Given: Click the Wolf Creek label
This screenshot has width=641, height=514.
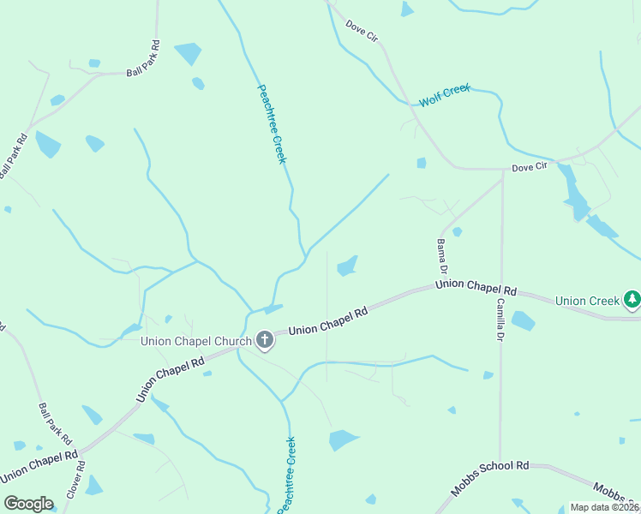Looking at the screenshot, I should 445,96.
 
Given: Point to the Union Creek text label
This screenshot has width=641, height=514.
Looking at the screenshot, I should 587,301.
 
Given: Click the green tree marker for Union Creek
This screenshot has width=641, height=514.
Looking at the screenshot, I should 632,299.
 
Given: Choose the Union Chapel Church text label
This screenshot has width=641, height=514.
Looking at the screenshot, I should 196,342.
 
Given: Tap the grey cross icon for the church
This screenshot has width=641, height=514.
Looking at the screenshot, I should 265,341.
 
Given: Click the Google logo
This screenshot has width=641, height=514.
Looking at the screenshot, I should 28,504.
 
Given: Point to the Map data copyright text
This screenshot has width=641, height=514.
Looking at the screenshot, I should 604,507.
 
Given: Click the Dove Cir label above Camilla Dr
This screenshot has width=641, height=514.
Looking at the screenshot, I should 529,166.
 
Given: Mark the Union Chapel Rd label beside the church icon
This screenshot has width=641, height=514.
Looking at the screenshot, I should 327,321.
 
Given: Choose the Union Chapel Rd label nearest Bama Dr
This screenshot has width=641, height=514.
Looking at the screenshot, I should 476,286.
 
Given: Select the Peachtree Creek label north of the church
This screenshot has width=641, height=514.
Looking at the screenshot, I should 272,123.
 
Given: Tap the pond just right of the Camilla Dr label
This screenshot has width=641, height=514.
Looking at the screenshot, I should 523,321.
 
